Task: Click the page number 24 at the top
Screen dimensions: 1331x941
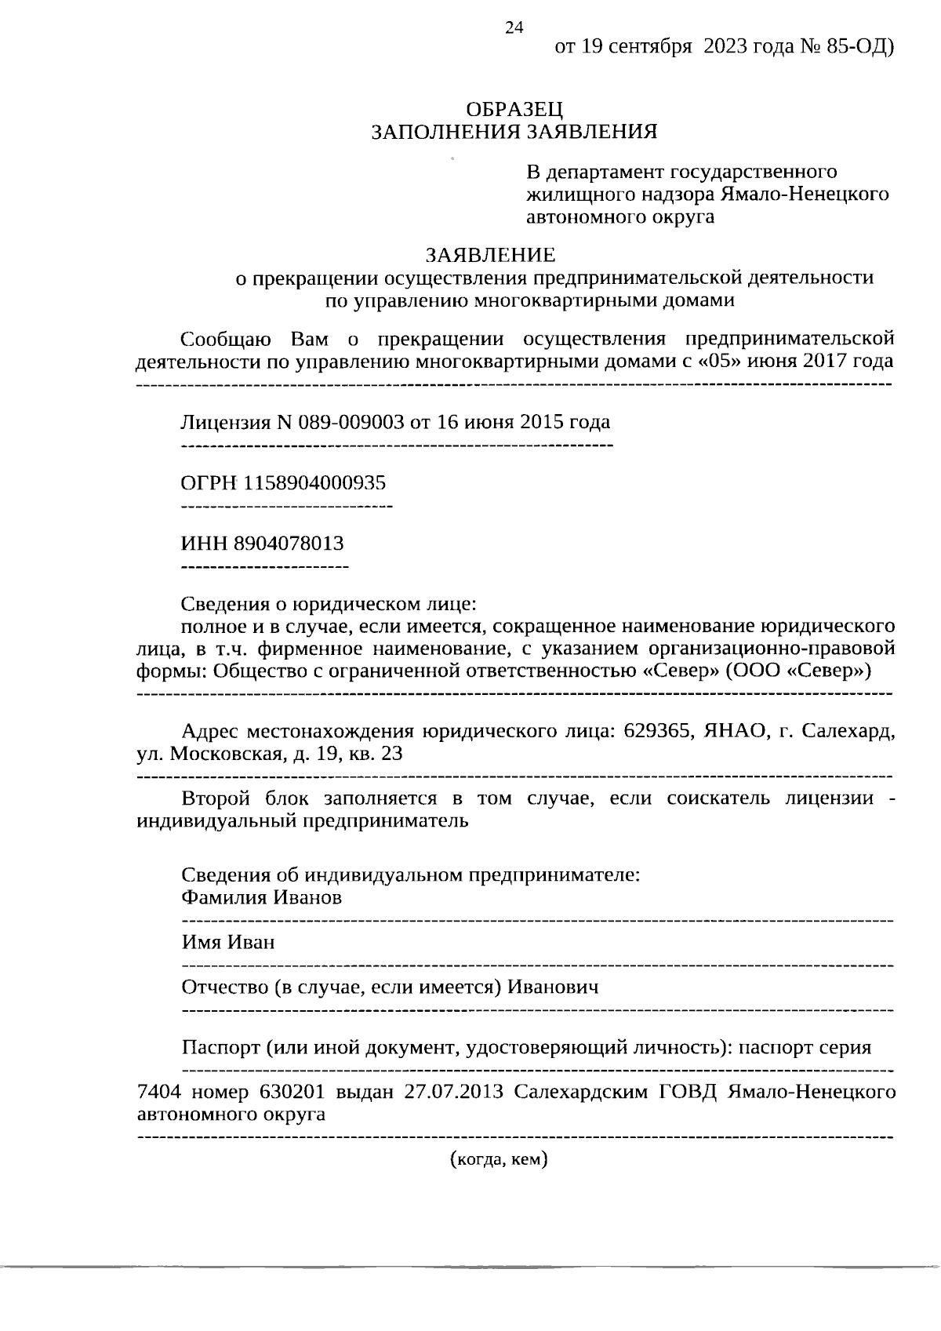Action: (514, 28)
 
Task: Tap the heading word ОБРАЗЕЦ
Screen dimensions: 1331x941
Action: (514, 110)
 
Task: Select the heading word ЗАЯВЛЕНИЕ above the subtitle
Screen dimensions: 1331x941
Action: (491, 256)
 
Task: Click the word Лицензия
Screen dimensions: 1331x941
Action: (225, 423)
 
